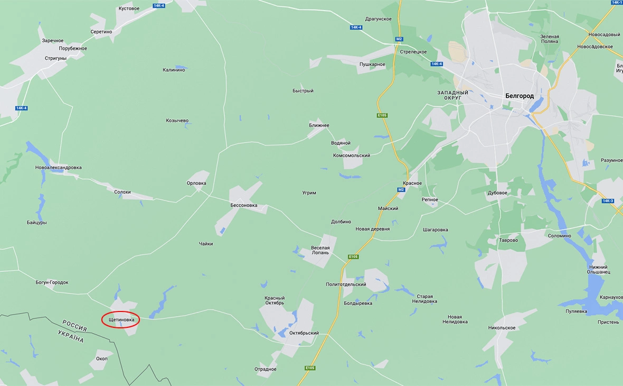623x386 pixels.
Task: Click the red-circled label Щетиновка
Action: pyautogui.click(x=121, y=320)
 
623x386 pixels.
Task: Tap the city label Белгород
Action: pyautogui.click(x=519, y=96)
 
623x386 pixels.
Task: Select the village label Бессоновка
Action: pyautogui.click(x=244, y=205)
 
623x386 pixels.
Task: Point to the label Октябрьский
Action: pyautogui.click(x=304, y=333)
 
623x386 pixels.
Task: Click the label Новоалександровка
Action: pyautogui.click(x=59, y=168)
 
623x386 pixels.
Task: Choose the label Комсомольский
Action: pyautogui.click(x=352, y=155)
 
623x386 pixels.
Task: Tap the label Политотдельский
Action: pyautogui.click(x=346, y=284)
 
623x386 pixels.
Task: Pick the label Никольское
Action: pyautogui.click(x=502, y=328)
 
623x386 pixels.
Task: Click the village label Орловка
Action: pyautogui.click(x=196, y=183)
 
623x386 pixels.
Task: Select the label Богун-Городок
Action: pyautogui.click(x=52, y=282)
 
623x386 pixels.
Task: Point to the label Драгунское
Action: pyautogui.click(x=379, y=19)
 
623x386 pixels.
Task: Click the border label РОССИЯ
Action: pyautogui.click(x=74, y=325)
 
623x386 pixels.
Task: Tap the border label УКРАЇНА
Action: pyautogui.click(x=71, y=335)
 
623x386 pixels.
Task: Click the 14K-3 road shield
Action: pyautogui.click(x=608, y=201)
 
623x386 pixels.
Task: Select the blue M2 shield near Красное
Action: pyautogui.click(x=401, y=190)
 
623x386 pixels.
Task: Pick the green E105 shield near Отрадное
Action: pyautogui.click(x=310, y=368)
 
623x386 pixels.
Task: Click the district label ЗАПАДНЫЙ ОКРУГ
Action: pyautogui.click(x=452, y=96)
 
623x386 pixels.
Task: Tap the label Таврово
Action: pyautogui.click(x=508, y=240)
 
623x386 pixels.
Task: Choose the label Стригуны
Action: pyautogui.click(x=55, y=58)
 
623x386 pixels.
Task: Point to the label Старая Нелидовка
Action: pyautogui.click(x=424, y=299)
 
